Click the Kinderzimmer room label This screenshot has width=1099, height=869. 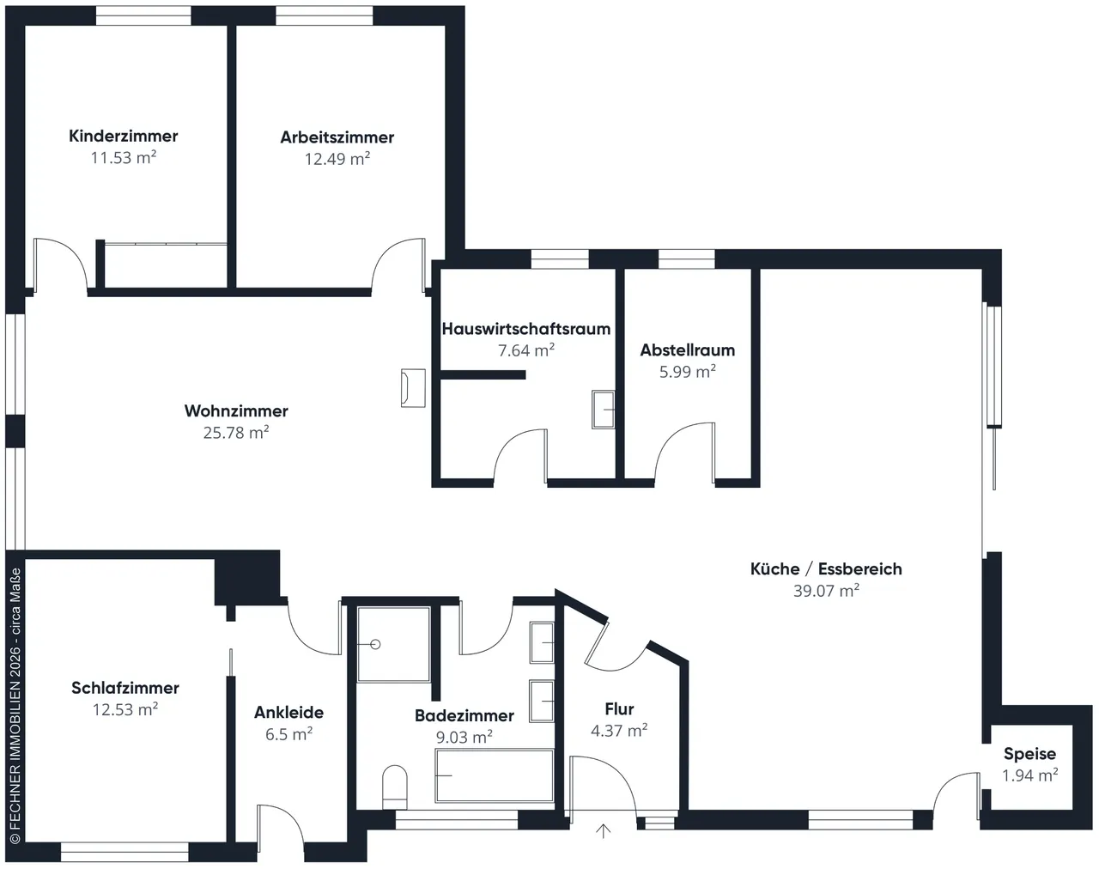(123, 136)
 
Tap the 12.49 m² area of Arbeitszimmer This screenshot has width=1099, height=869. (337, 159)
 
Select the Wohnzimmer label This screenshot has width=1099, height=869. (236, 410)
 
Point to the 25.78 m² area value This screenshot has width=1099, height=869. (236, 433)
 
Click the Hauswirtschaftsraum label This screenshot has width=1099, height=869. (526, 329)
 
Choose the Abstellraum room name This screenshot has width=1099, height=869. (688, 350)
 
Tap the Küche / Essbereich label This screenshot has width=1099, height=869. (826, 568)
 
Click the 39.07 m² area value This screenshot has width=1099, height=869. (826, 591)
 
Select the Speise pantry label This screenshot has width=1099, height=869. (1029, 754)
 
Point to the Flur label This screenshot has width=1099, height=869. (619, 708)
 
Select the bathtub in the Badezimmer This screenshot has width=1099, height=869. (495, 775)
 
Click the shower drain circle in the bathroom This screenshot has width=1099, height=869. (375, 644)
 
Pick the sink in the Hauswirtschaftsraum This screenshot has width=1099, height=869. (603, 410)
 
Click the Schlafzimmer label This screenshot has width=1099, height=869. (125, 688)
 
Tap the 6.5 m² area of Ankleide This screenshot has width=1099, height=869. (288, 734)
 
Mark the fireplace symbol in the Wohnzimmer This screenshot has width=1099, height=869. (413, 388)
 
